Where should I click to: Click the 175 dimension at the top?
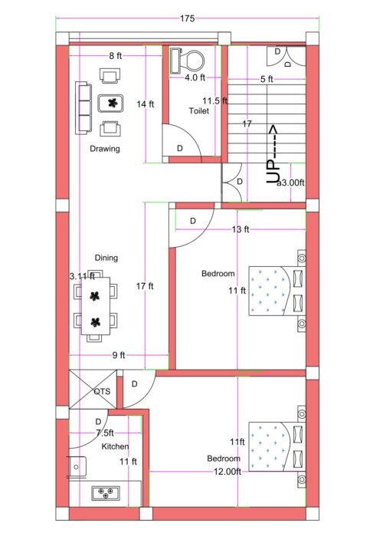(187, 18)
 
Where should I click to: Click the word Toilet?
(198, 110)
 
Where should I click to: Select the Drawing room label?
(104, 149)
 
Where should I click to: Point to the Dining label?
(106, 258)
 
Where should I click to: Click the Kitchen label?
(114, 446)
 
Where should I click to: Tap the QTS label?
(102, 391)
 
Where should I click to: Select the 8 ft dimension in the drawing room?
(116, 55)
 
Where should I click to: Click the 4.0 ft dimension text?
(195, 77)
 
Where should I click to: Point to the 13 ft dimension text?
(240, 229)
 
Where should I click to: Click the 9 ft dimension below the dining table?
(119, 354)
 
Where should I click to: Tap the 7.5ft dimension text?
(105, 433)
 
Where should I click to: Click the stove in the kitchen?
(103, 493)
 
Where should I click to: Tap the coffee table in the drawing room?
(113, 102)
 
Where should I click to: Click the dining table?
(96, 306)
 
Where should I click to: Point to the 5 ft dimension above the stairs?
(267, 79)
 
